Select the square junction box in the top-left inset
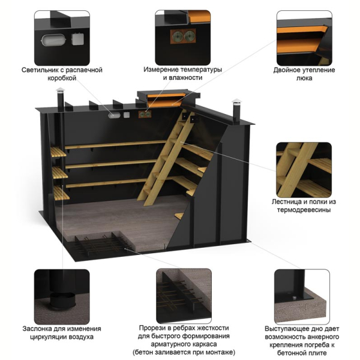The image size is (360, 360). pos(77,39)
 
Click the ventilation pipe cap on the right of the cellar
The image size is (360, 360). pos(236,101)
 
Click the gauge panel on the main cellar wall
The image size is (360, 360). pos(145,114)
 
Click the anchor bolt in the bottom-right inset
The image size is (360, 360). pos(294,298)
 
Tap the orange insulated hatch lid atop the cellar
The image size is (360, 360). pos(166,98)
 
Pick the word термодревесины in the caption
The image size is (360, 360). pos(304,210)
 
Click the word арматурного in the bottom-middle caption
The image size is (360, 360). pos(167,344)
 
